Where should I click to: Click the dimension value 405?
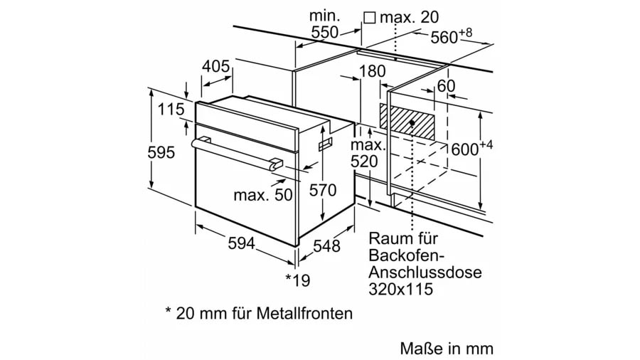[215, 67]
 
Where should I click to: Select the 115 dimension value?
[171, 110]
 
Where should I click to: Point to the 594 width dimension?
[241, 243]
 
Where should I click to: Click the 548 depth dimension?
[326, 246]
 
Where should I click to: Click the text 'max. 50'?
[263, 194]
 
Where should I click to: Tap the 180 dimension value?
[372, 71]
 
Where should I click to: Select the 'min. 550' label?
[325, 23]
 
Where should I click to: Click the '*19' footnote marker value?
[298, 280]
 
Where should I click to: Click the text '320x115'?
[400, 289]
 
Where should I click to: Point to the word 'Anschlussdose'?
[425, 272]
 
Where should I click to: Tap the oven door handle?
[235, 152]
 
